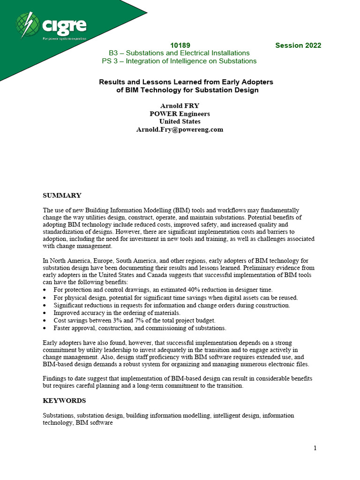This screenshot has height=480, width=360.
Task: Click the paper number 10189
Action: (x=180, y=45)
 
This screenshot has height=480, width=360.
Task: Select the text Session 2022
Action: (x=298, y=45)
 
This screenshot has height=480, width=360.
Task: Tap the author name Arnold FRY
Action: (x=180, y=106)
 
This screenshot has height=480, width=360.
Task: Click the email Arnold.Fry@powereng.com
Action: (x=180, y=129)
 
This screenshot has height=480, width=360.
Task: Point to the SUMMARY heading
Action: (x=62, y=195)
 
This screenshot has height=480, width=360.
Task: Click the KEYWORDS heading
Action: (x=64, y=401)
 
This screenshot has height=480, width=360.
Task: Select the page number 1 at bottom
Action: (x=315, y=448)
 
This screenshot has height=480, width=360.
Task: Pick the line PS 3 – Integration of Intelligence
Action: (x=179, y=61)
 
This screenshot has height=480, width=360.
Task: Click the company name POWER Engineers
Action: (x=180, y=114)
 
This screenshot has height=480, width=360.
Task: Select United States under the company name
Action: (x=180, y=121)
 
